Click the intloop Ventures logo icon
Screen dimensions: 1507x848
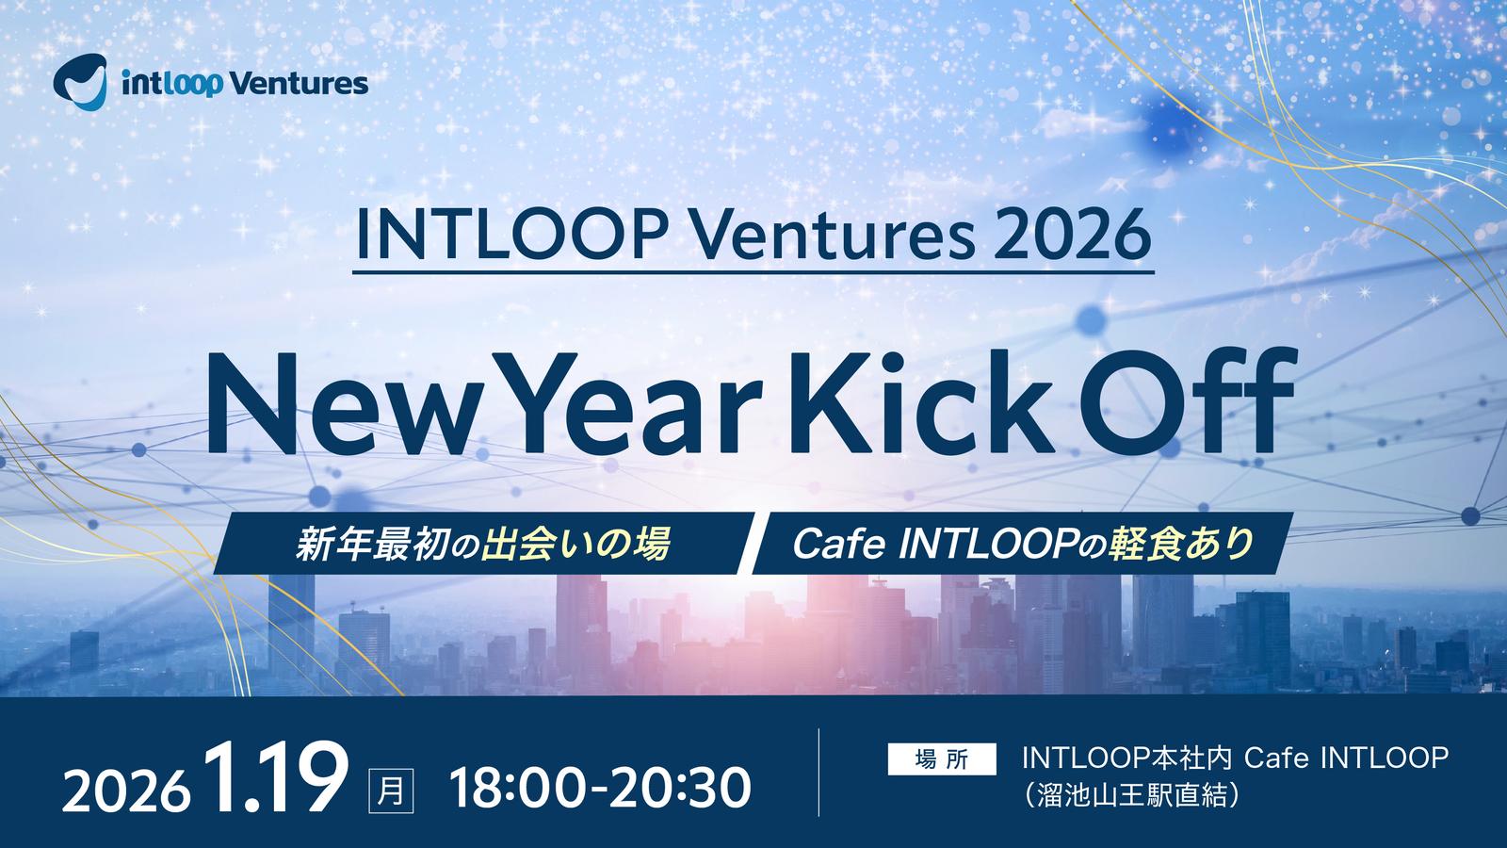tap(80, 82)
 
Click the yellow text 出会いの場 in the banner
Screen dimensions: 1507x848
tap(575, 543)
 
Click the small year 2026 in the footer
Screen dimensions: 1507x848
tap(126, 789)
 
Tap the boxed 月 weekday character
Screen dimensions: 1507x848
tap(391, 791)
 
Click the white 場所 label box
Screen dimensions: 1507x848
tap(942, 759)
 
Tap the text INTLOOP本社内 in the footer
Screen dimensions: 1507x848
tap(1126, 758)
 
